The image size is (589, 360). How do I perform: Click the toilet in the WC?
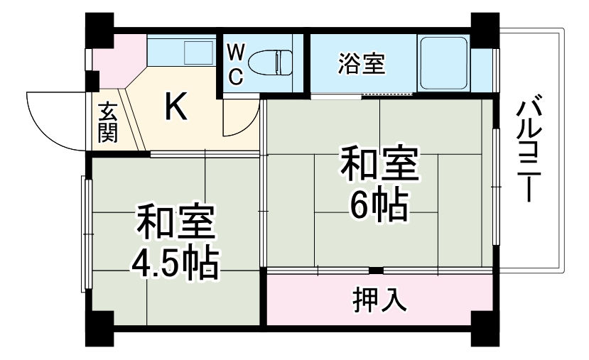coord(271,62)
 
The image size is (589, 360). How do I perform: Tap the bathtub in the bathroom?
coord(443,63)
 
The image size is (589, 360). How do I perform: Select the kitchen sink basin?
coord(198,53)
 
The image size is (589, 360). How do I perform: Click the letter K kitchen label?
coord(175,107)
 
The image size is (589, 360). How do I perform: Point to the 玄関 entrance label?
coord(108,122)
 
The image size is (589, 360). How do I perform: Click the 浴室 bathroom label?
coord(362,63)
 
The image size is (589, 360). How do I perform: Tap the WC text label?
coord(235,64)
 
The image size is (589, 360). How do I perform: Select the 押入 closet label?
coord(379,300)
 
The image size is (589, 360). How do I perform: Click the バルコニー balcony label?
coord(528,149)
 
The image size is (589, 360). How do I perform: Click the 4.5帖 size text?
coord(175,263)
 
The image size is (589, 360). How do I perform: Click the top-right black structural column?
coord(485,30)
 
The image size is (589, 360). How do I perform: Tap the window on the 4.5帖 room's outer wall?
coord(87,234)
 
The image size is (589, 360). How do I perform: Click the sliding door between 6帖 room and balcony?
coord(496,187)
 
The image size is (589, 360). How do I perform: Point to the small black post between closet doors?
coord(376,271)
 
